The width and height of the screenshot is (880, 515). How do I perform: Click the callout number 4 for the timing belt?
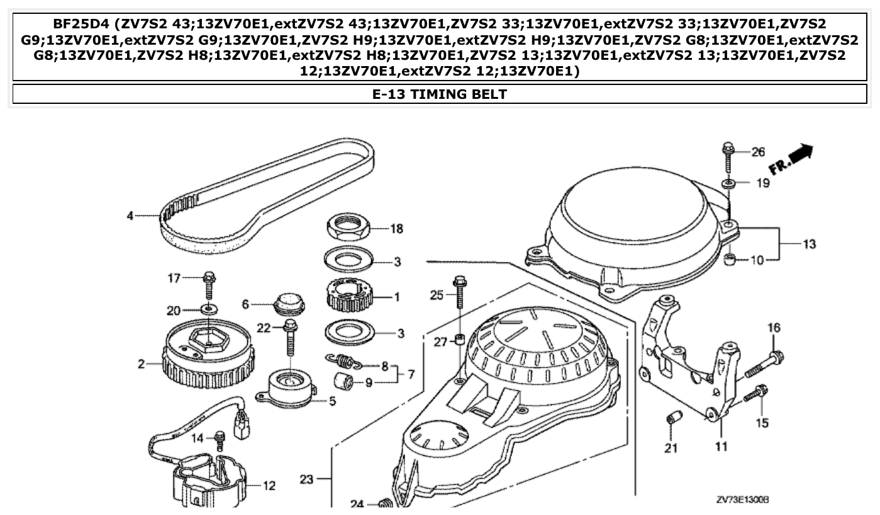[x=130, y=216]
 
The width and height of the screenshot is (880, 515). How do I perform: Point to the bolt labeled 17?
[x=209, y=286]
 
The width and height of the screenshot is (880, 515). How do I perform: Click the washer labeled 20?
[x=209, y=309]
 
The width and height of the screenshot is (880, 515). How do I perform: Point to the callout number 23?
[x=306, y=480]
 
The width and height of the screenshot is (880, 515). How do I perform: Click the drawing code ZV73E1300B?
[x=743, y=499]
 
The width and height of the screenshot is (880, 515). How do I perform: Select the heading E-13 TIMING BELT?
[x=440, y=94]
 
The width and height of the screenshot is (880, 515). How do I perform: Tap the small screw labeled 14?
[x=220, y=439]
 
